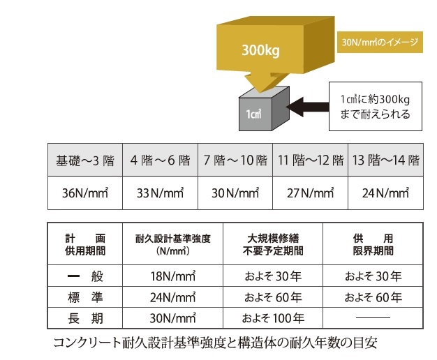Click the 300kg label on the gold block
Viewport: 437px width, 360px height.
pos(262,50)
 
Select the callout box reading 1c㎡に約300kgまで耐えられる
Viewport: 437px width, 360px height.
pos(376,107)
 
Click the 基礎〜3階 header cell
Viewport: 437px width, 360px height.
pos(84,160)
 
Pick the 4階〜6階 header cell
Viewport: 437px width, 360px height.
pos(161,160)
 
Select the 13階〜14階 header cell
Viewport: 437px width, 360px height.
pos(385,160)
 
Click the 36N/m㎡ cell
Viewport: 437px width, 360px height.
pos(84,193)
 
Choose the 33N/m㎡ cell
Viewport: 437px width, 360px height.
pos(161,193)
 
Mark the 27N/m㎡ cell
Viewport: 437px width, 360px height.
pos(309,193)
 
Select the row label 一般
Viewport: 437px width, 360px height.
pos(85,276)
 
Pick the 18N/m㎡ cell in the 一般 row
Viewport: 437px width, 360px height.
pos(172,276)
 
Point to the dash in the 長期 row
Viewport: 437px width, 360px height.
pos(373,320)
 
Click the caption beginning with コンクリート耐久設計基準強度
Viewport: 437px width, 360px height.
pos(218,345)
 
